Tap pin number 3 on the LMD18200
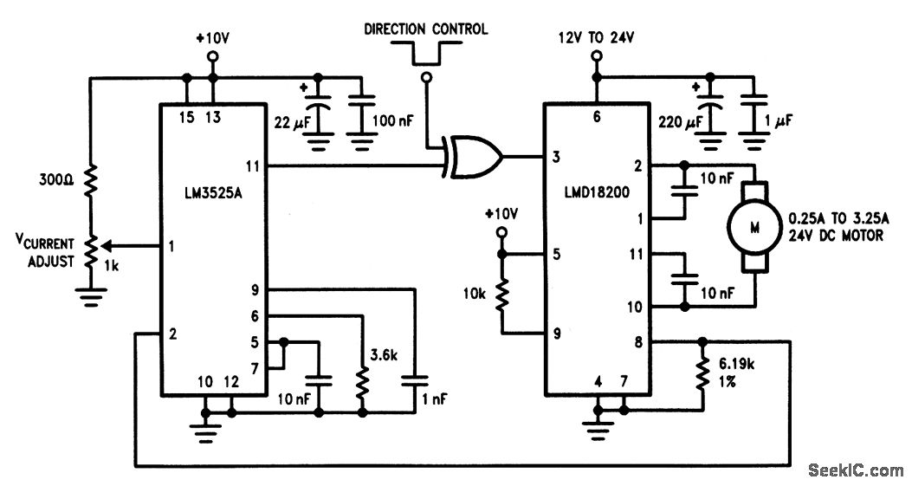[556, 158]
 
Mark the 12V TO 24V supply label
[597, 39]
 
